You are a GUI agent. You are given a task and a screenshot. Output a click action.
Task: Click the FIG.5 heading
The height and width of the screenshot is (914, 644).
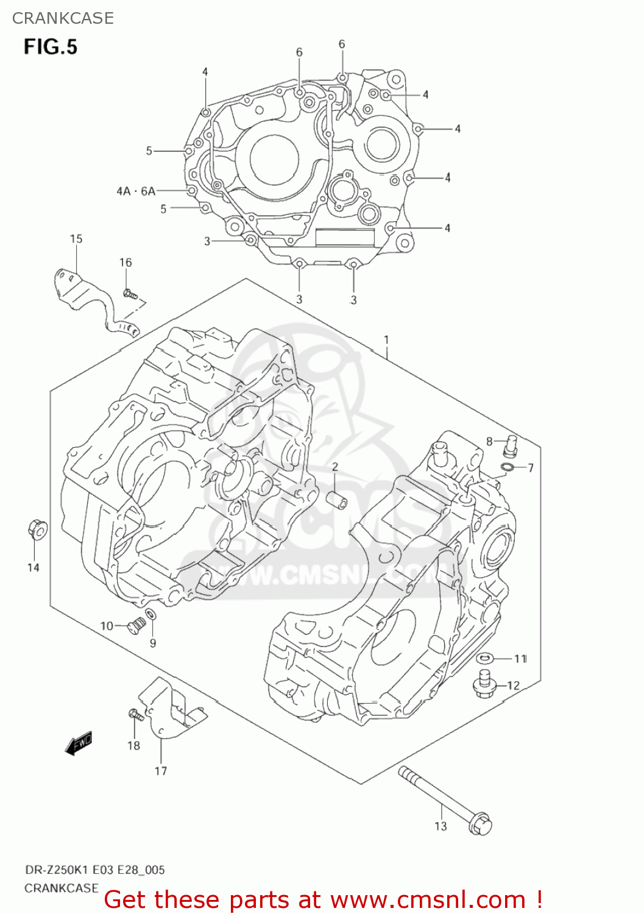pyautogui.click(x=51, y=47)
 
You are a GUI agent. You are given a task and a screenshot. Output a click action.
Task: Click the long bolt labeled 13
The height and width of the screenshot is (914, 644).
pyautogui.click(x=445, y=799)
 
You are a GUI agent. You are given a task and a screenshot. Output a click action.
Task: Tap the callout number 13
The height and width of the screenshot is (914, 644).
pyautogui.click(x=441, y=826)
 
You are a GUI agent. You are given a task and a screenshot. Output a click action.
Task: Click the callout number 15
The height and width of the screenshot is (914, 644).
pyautogui.click(x=76, y=239)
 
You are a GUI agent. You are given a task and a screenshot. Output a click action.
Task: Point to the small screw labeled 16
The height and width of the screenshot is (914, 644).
pyautogui.click(x=129, y=294)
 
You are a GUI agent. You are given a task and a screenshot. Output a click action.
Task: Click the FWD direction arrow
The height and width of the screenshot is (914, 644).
pyautogui.click(x=79, y=743)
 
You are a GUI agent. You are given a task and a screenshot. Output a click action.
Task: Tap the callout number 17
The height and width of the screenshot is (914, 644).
pyautogui.click(x=160, y=771)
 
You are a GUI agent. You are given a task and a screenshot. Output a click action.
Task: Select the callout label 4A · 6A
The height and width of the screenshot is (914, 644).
pyautogui.click(x=136, y=191)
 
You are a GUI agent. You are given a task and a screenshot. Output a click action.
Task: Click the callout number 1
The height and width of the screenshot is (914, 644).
pyautogui.click(x=386, y=339)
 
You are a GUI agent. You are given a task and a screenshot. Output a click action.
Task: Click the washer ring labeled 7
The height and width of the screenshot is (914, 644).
pyautogui.click(x=506, y=467)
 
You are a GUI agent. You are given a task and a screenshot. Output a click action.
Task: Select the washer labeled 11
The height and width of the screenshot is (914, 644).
pyautogui.click(x=486, y=658)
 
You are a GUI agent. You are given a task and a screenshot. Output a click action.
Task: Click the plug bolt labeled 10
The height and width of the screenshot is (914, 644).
pyautogui.click(x=135, y=625)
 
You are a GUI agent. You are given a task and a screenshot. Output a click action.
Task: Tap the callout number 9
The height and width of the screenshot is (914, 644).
pyautogui.click(x=153, y=643)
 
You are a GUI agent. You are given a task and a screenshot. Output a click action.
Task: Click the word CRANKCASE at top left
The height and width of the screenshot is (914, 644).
pyautogui.click(x=63, y=18)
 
